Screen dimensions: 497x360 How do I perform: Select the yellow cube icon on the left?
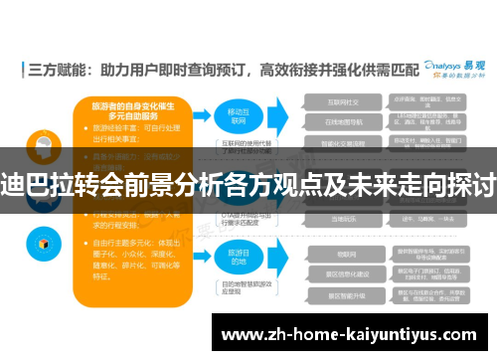pyautogui.click(x=44, y=241)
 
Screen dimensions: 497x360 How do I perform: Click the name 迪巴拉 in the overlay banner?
pyautogui.click(x=37, y=186)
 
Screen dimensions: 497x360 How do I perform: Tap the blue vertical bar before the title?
pyautogui.click(x=22, y=71)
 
